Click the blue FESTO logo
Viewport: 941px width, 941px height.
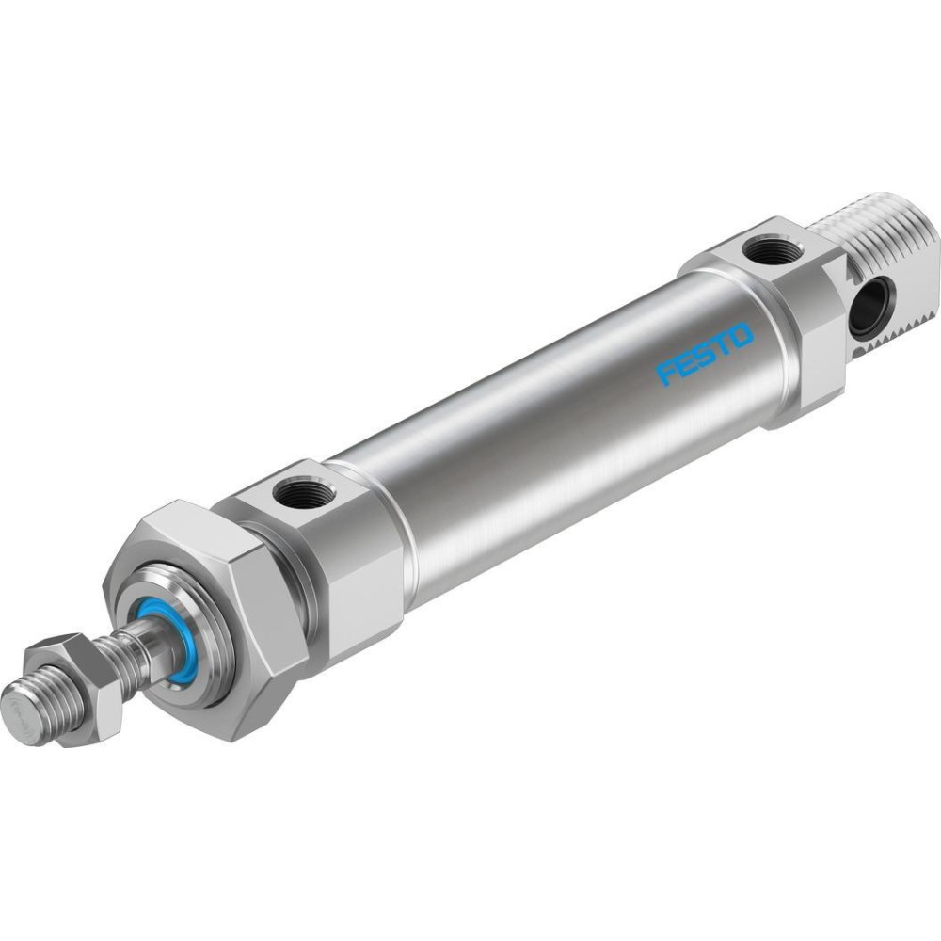point(705,353)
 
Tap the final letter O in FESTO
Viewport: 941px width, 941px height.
point(742,335)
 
